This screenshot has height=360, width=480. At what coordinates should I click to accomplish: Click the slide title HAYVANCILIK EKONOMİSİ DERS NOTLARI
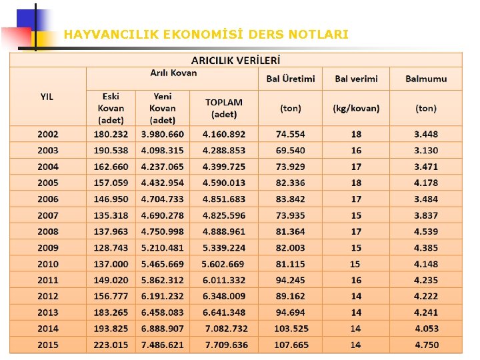[x=206, y=34]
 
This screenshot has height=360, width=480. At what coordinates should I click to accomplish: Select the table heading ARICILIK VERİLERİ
[x=235, y=59]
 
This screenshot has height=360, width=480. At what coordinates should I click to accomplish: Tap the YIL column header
[x=47, y=97]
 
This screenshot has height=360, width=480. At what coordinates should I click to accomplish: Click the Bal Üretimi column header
[x=290, y=79]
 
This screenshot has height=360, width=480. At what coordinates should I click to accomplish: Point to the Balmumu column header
[x=426, y=79]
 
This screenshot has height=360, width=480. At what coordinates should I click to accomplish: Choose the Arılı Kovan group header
[x=173, y=73]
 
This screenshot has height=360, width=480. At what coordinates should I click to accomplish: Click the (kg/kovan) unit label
[x=356, y=107]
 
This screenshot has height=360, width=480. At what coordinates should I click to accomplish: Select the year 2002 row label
[x=47, y=135]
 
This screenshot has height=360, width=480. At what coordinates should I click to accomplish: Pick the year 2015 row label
[x=47, y=345]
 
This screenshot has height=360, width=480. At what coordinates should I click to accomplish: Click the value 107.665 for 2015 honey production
[x=291, y=345]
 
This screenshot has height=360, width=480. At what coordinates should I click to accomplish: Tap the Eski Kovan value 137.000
[x=111, y=264]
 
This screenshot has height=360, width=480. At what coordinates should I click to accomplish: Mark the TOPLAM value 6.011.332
[x=224, y=281]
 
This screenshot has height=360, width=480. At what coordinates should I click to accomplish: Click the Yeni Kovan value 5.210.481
[x=162, y=248]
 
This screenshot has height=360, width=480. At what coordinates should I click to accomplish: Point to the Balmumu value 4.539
[x=426, y=231]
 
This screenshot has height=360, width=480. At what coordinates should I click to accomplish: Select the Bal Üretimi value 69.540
[x=290, y=151]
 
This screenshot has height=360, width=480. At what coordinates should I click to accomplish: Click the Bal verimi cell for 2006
[x=356, y=199]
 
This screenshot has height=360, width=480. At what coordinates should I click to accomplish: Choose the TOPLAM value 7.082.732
[x=226, y=329]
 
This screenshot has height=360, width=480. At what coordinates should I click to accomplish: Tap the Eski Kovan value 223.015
[x=111, y=345]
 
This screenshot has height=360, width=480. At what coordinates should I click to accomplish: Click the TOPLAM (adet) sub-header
[x=224, y=107]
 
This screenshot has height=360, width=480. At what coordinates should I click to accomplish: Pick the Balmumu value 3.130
[x=426, y=151]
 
